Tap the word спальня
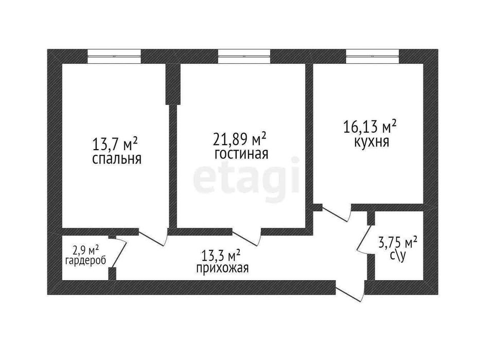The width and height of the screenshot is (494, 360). coord(117,159)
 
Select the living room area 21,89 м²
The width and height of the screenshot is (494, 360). coord(240,139)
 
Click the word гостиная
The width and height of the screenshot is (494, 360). coord(241,154)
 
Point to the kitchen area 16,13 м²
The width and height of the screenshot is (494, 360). coord(369,127)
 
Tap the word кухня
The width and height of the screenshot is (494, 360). coord(370,141)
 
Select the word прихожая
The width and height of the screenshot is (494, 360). coord(222,268)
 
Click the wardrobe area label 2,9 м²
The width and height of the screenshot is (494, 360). coord(85,250)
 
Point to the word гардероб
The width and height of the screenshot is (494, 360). coord(85,261)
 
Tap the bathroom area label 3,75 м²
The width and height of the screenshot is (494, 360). coord(398,242)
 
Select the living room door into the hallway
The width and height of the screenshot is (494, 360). coord(247,238)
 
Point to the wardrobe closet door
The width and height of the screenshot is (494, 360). coord(119,252)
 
